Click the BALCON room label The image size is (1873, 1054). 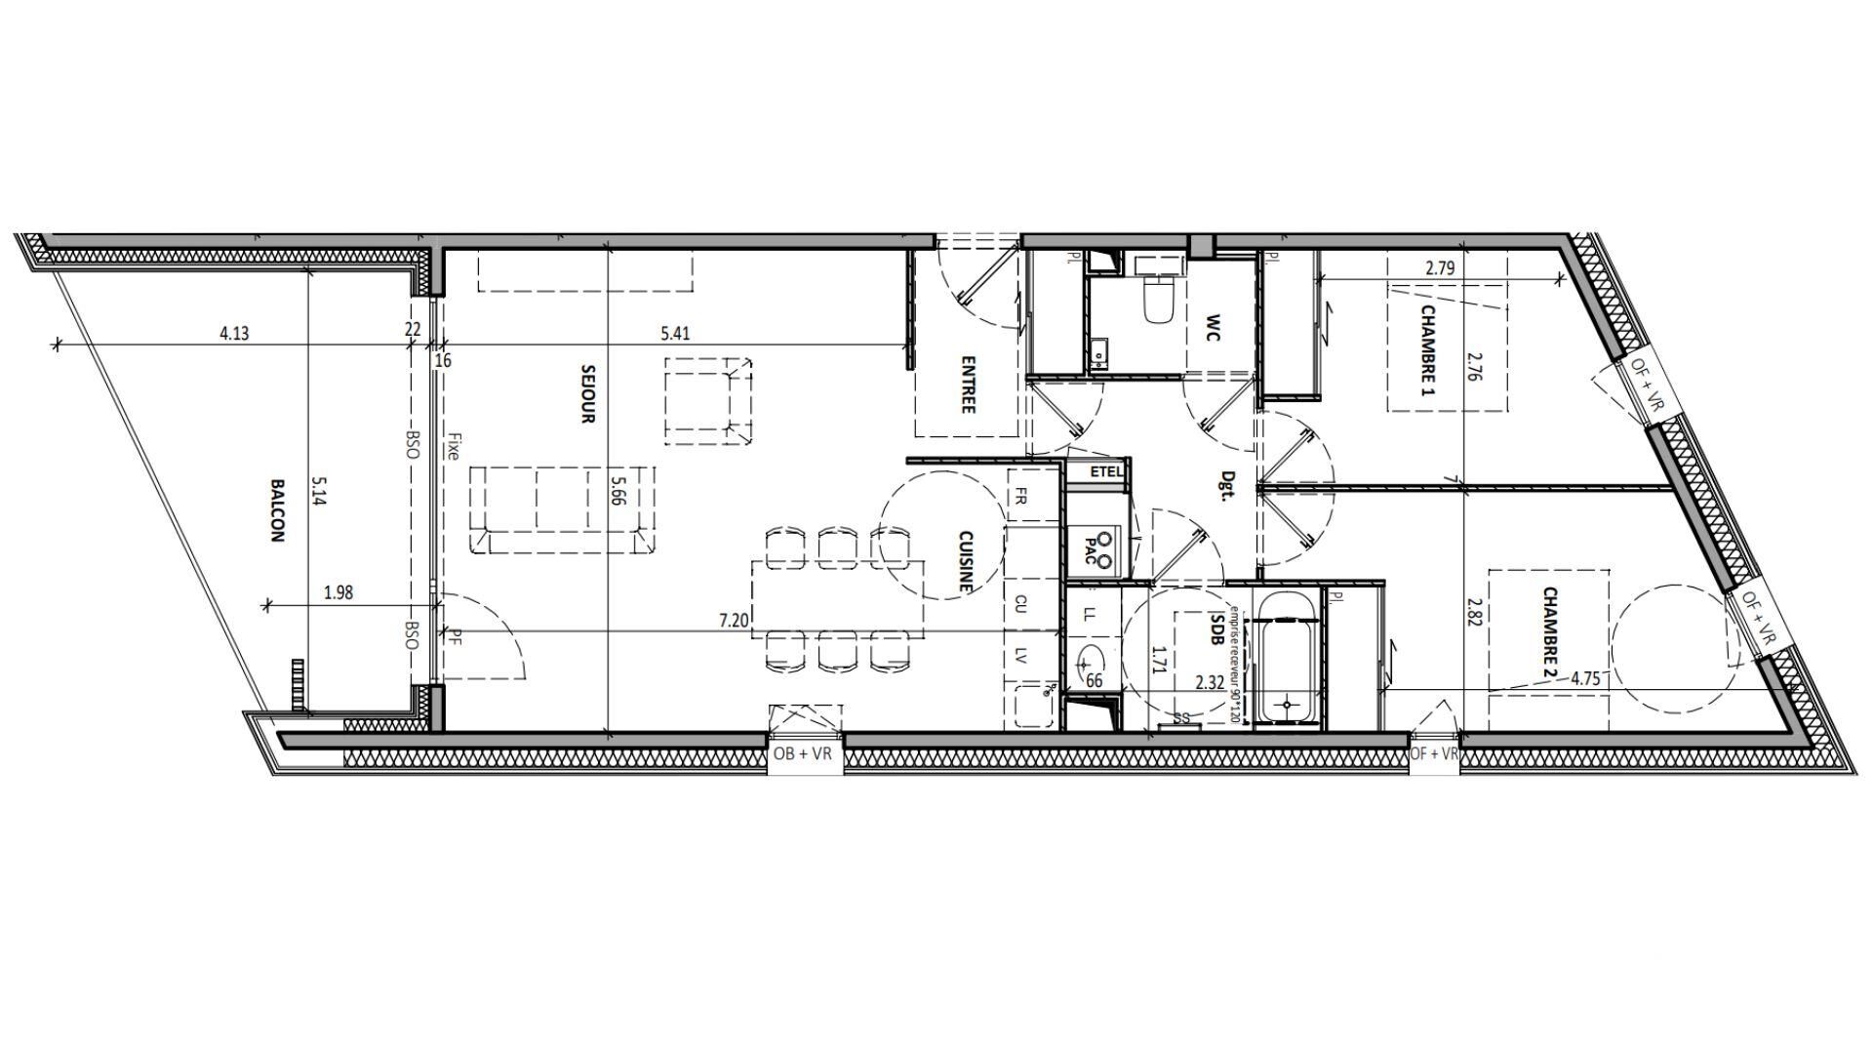[277, 510]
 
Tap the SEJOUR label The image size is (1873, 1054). [587, 393]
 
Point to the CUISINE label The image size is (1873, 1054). [966, 561]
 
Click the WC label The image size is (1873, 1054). [1214, 328]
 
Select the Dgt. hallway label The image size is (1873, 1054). [1229, 485]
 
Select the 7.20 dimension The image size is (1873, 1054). [734, 621]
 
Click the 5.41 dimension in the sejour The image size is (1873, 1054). [675, 333]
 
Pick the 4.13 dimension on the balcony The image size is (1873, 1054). [234, 333]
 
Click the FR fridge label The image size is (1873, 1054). [1021, 496]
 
